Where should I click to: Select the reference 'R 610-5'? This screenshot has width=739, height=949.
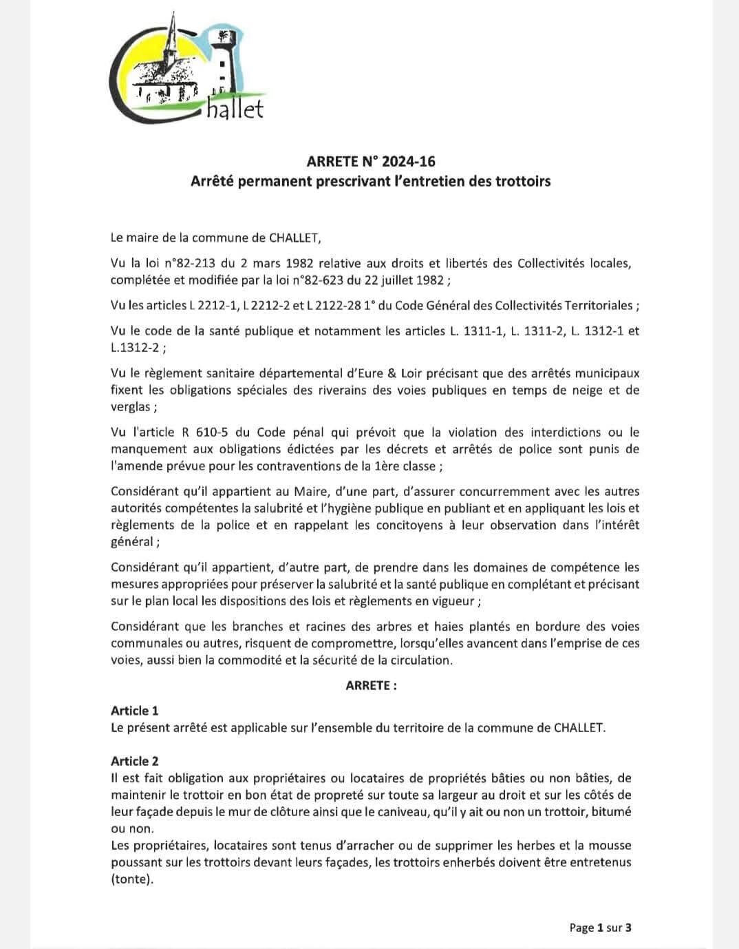(x=190, y=432)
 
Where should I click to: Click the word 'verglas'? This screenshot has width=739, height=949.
(x=131, y=406)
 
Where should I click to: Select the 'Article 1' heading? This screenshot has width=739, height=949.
(x=134, y=711)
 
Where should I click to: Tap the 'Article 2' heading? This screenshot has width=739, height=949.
(x=134, y=761)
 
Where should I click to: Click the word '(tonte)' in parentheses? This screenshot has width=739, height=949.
(x=131, y=879)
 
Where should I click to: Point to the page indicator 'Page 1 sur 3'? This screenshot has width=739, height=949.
(x=600, y=928)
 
